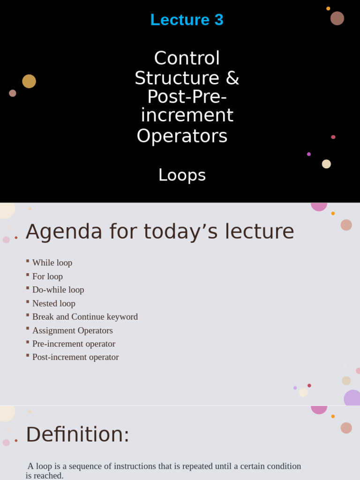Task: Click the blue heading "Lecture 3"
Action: point(187,20)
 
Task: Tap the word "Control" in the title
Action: point(187,59)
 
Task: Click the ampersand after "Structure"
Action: point(232,78)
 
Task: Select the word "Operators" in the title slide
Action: point(182,136)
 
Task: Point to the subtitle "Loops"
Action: point(182,175)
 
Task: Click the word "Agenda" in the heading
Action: point(64,232)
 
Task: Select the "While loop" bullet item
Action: point(52,262)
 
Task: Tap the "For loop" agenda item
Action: point(47,277)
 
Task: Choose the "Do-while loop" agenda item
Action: point(58,290)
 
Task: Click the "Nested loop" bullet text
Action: point(53,303)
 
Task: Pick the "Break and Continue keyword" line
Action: point(85,317)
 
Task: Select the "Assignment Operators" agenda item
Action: point(72,330)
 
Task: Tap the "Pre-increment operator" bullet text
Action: point(74,344)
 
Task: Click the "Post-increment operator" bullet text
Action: point(75,357)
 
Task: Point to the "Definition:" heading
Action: point(77,435)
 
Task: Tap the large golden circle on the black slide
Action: point(29,81)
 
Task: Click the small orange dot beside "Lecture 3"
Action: point(328,8)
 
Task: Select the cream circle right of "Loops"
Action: point(326,164)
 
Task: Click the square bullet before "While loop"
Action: point(28,261)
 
